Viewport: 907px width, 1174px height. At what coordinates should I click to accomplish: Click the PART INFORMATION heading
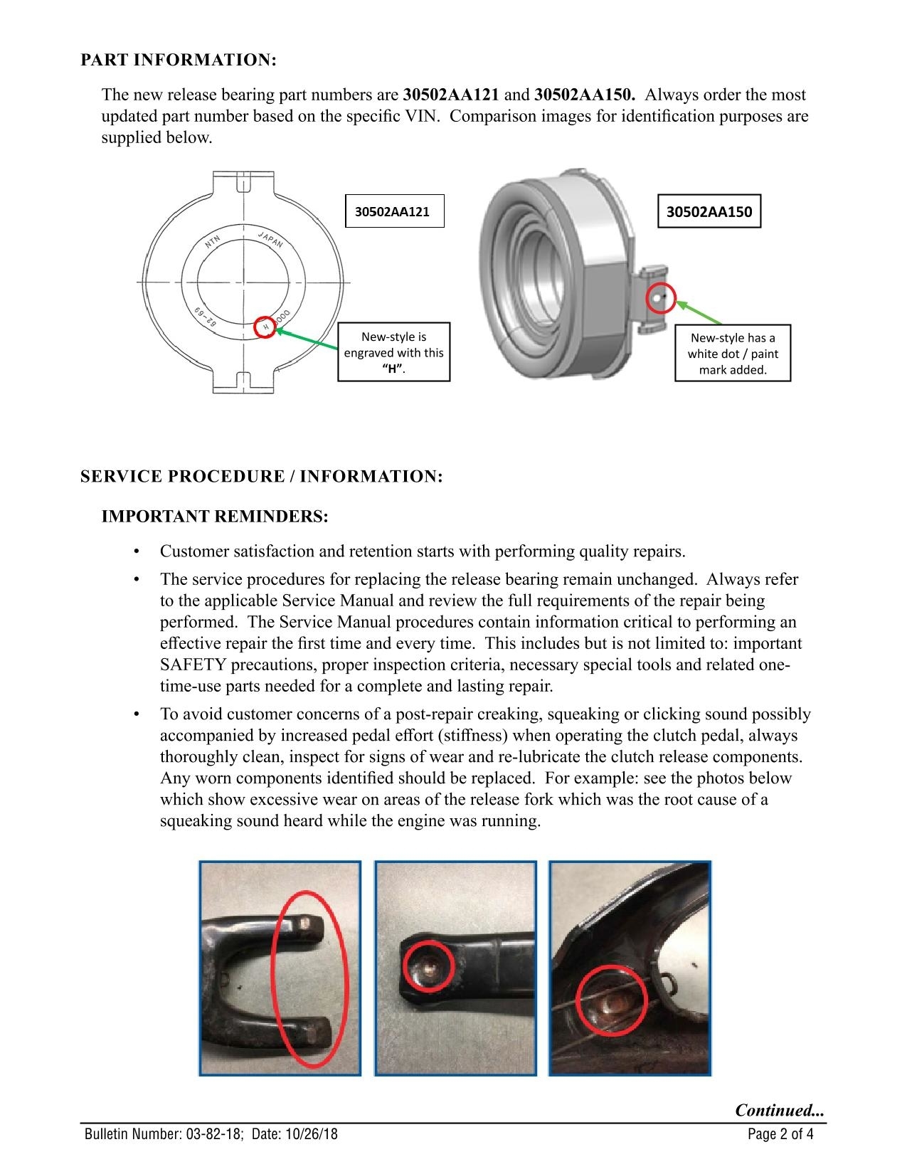179,60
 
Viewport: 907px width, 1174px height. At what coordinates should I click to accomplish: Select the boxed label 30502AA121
394,211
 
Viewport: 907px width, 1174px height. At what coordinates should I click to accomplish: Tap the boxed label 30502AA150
709,211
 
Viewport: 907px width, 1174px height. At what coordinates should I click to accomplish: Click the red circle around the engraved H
264,327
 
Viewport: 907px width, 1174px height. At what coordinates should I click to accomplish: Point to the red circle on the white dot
659,299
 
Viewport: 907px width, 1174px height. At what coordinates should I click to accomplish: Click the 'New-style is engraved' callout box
393,353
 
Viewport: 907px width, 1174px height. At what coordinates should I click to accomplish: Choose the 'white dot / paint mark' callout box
732,354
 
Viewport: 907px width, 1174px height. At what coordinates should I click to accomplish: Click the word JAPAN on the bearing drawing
270,239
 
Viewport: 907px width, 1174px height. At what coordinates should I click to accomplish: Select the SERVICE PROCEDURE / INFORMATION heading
262,477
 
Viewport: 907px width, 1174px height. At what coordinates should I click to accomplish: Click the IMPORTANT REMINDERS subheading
215,517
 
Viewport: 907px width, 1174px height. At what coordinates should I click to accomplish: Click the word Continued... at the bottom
780,1110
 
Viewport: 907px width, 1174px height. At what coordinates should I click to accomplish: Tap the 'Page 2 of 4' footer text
780,1134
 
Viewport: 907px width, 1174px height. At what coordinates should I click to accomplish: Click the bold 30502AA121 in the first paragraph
451,95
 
